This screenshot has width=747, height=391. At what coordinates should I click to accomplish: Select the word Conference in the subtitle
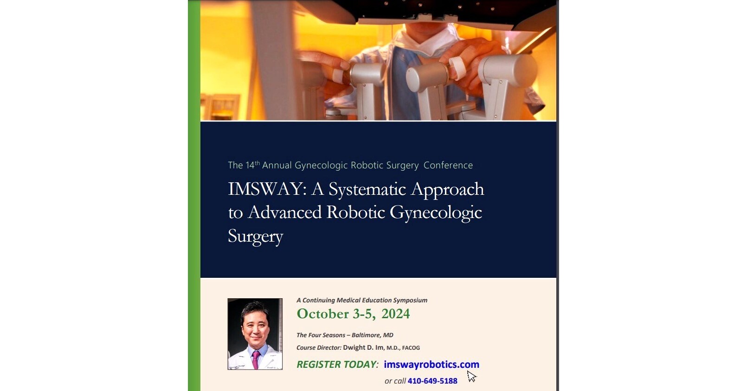click(448, 165)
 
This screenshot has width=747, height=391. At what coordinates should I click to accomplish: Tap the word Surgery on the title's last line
click(255, 237)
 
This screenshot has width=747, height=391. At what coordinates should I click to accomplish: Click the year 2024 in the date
click(395, 314)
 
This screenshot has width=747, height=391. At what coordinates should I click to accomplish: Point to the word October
click(322, 314)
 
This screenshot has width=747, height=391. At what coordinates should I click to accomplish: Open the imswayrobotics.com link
click(431, 365)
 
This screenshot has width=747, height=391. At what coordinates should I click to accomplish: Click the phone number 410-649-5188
click(432, 381)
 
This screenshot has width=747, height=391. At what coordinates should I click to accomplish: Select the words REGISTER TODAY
click(337, 365)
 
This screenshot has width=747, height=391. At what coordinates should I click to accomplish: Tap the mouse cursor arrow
click(471, 376)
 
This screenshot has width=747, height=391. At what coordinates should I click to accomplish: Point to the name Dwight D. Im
click(363, 347)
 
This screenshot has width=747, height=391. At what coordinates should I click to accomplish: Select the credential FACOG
click(411, 348)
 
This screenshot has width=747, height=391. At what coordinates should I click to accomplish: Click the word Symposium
click(410, 300)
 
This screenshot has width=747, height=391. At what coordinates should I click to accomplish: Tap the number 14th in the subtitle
click(252, 165)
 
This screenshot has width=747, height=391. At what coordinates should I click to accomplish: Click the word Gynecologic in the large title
click(436, 213)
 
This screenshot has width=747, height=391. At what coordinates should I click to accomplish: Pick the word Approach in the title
click(447, 189)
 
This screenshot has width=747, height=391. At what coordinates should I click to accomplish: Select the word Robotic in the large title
click(355, 212)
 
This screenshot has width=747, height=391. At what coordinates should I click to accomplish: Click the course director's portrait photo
click(255, 333)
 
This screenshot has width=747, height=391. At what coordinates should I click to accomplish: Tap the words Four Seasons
click(327, 335)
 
